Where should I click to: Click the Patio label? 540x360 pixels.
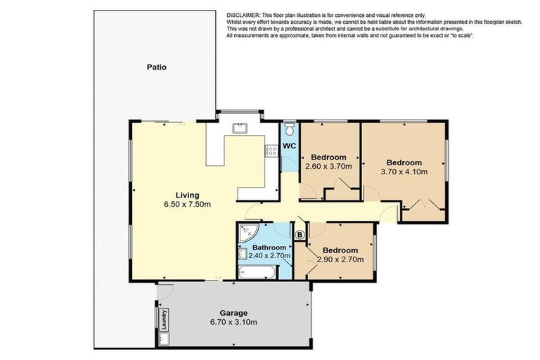(x=157, y=67)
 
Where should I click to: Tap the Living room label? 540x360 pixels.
(x=187, y=195)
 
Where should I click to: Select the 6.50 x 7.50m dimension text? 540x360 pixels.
(x=187, y=205)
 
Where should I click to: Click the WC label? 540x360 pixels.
(x=289, y=146)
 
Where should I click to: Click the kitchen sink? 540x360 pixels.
(x=240, y=128)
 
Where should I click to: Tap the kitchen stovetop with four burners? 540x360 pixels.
(x=271, y=151)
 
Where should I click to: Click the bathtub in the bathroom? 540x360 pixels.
(x=257, y=272)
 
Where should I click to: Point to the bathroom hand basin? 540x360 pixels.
(x=243, y=255)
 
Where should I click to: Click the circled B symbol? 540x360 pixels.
(x=300, y=235)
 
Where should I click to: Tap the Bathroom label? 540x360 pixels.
(x=269, y=247)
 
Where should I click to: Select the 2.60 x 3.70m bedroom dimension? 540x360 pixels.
(x=328, y=167)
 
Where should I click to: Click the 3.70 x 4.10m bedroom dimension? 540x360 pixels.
(x=404, y=172)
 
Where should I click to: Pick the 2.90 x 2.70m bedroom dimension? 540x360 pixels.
(x=340, y=259)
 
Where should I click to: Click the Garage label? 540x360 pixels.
(x=233, y=313)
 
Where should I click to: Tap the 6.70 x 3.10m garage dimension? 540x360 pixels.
(x=233, y=323)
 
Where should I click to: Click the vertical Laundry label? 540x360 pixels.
(x=165, y=319)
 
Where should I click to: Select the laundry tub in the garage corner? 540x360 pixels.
(x=163, y=339)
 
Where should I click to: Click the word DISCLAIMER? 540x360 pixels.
(x=243, y=15)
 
